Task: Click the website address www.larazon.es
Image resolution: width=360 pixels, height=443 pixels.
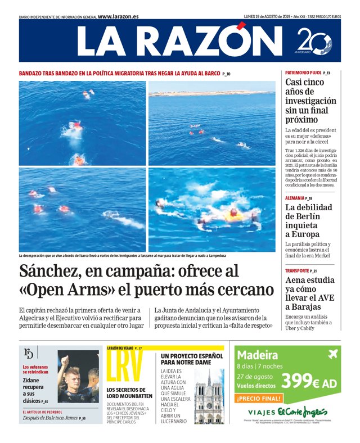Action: point(118,16)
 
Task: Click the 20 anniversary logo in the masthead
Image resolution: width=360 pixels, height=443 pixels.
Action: point(314,42)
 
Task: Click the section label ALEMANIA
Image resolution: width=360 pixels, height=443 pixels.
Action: point(295,198)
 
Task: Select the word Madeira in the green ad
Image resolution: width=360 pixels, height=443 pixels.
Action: point(258,355)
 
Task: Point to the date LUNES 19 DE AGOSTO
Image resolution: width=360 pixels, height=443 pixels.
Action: point(267,16)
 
